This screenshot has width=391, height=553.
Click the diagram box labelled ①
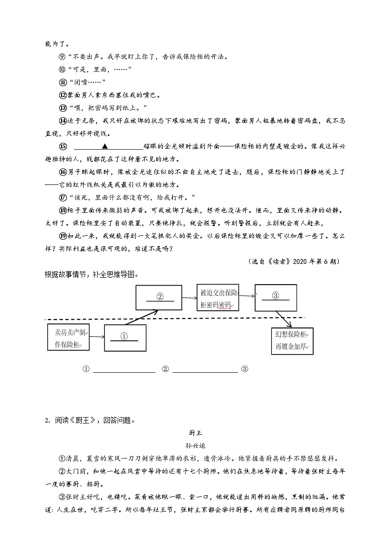pyautogui.click(x=125, y=338)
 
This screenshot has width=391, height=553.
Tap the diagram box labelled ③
pyautogui.click(x=275, y=297)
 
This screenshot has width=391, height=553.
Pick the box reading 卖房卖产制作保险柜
pyautogui.click(x=68, y=337)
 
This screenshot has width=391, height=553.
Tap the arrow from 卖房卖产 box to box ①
pyautogui.click(x=97, y=337)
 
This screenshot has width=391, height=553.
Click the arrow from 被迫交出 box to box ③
pyautogui.click(x=246, y=296)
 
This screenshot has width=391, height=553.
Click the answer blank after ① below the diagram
pyautogui.click(x=124, y=370)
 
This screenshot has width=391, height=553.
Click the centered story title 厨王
pyautogui.click(x=195, y=433)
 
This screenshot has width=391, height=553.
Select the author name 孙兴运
pyautogui.click(x=195, y=446)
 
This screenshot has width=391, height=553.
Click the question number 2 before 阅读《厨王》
pyautogui.click(x=46, y=421)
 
